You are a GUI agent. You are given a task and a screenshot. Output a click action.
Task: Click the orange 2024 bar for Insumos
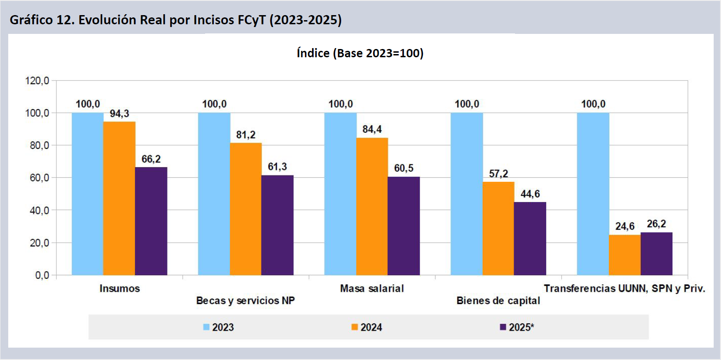click(x=119, y=198)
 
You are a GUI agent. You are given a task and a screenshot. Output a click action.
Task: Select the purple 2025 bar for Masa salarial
click(x=404, y=226)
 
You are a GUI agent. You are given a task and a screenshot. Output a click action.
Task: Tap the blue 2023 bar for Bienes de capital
click(x=466, y=194)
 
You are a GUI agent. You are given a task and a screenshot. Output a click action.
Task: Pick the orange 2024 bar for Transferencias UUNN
click(x=624, y=255)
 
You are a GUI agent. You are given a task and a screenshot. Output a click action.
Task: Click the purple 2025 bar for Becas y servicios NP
click(x=277, y=225)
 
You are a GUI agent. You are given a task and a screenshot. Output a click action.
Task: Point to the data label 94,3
click(x=119, y=114)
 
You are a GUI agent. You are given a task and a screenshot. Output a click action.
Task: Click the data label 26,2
click(x=656, y=224)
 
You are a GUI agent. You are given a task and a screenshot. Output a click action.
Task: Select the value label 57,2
click(x=498, y=174)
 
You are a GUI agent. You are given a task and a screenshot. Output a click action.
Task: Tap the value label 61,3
click(x=277, y=167)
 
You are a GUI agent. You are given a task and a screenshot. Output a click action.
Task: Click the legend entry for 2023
click(x=218, y=327)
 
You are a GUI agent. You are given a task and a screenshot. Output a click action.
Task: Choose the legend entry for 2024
click(x=367, y=327)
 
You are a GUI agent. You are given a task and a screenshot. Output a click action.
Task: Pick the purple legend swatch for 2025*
click(x=503, y=327)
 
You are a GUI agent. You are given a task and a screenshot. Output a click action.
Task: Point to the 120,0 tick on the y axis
click(x=37, y=81)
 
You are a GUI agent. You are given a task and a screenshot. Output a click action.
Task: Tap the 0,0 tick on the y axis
click(x=42, y=275)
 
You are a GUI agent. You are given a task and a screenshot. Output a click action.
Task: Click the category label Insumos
click(x=119, y=289)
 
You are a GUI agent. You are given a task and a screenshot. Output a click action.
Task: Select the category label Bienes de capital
click(x=498, y=301)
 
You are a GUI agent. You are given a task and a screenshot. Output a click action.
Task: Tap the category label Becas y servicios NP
click(x=245, y=301)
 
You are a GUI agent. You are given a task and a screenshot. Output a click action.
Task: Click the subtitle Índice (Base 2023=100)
click(x=360, y=54)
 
